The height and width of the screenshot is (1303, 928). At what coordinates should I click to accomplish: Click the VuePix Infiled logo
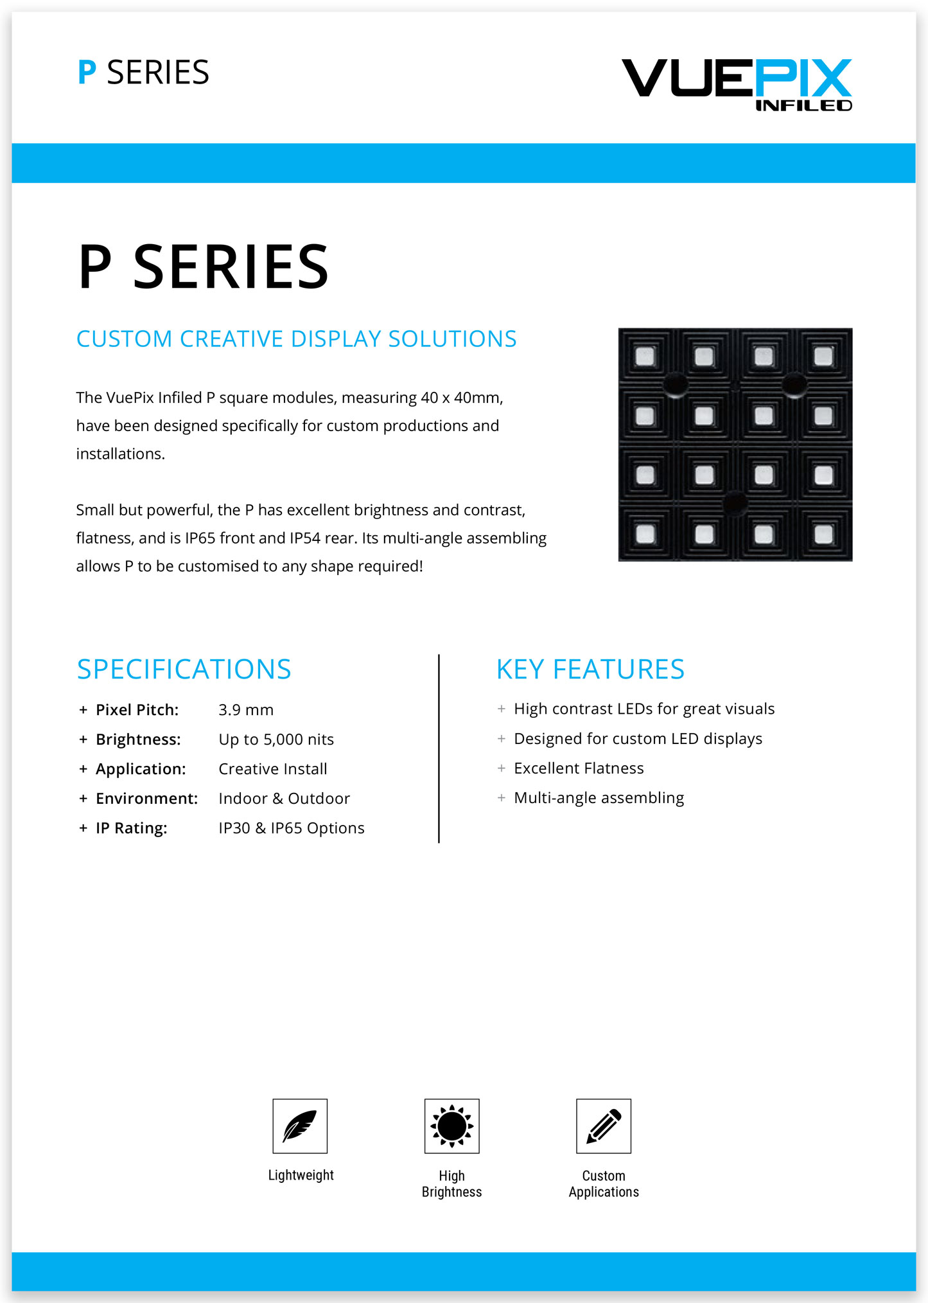pyautogui.click(x=737, y=84)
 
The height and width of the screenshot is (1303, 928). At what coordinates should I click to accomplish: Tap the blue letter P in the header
pyautogui.click(x=87, y=73)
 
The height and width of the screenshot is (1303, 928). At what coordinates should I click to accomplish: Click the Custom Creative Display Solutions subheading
pyautogui.click(x=296, y=339)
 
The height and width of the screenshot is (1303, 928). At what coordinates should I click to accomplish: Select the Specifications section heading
pyautogui.click(x=184, y=669)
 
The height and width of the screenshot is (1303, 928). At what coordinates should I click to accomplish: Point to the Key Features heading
pyautogui.click(x=590, y=669)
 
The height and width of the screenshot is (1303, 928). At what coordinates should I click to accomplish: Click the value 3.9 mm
pyautogui.click(x=246, y=710)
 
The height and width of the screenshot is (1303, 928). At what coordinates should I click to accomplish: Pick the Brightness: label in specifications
pyautogui.click(x=138, y=740)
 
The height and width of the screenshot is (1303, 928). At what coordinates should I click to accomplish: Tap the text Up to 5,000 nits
pyautogui.click(x=276, y=740)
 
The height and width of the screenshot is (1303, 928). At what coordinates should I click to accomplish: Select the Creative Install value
pyautogui.click(x=273, y=769)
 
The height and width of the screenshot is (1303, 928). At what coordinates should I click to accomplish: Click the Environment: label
pyautogui.click(x=146, y=799)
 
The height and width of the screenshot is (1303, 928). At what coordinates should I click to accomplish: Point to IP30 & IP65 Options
pyautogui.click(x=292, y=828)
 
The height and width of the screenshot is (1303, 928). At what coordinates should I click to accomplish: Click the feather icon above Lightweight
pyautogui.click(x=300, y=1126)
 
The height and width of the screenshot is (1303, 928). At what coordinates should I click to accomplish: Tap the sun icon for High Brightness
pyautogui.click(x=451, y=1126)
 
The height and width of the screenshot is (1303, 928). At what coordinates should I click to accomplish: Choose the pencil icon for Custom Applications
pyautogui.click(x=604, y=1126)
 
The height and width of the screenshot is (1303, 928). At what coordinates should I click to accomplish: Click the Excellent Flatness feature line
pyautogui.click(x=579, y=768)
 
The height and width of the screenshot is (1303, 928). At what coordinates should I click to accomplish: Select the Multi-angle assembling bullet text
pyautogui.click(x=599, y=798)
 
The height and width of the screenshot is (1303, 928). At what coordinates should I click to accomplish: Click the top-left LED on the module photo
pyautogui.click(x=645, y=357)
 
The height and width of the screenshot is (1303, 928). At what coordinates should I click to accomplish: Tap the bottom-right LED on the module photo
pyautogui.click(x=823, y=534)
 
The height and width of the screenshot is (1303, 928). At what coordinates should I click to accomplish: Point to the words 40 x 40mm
pyautogui.click(x=461, y=398)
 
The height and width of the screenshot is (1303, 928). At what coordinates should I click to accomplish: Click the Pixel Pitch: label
pyautogui.click(x=137, y=710)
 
